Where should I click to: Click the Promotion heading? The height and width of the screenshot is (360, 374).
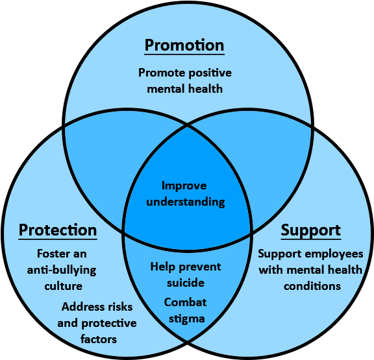pos(184,45)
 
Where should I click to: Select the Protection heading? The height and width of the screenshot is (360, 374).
pos(58,230)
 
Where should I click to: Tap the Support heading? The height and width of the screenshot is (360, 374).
pos(310,230)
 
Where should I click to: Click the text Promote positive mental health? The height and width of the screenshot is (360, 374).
pos(185,80)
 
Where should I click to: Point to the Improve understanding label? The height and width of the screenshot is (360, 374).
pos(186,193)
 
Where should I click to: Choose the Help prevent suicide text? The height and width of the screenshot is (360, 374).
pos(186,274)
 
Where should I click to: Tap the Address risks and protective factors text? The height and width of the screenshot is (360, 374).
pos(99,322)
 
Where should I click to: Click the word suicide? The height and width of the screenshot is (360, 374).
pos(186,283)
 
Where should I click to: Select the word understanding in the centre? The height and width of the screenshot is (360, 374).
pos(186,202)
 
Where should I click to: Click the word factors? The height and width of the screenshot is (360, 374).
pos(99,339)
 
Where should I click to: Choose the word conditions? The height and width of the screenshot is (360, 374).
pos(312,286)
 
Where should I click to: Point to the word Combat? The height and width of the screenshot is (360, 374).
pos(185,302)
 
